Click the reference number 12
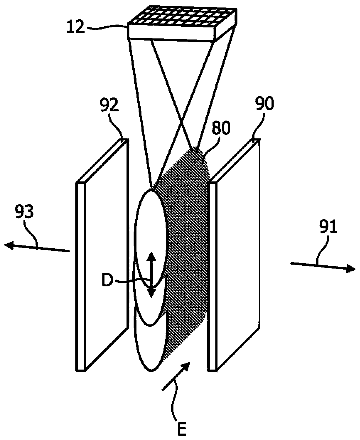tap(76, 26)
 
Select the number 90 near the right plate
tap(265, 105)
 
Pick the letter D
tap(107, 280)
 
